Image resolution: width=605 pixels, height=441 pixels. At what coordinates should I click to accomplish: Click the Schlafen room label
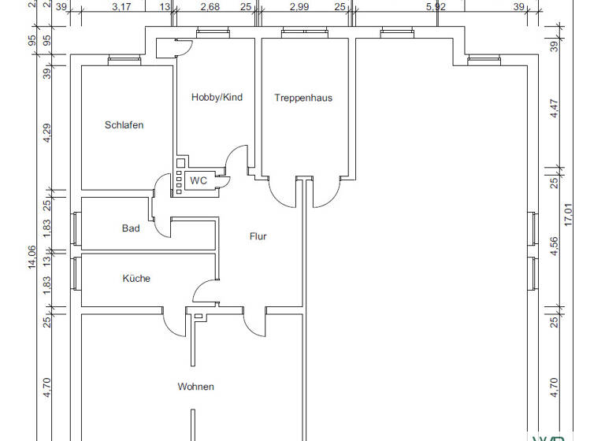click(124, 125)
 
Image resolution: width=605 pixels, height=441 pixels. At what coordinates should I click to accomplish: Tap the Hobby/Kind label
click(217, 98)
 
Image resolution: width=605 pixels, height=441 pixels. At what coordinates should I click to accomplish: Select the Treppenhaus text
click(303, 98)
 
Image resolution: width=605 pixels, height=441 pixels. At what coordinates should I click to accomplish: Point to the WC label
click(199, 181)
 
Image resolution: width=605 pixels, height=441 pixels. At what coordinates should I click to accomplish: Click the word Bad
click(131, 229)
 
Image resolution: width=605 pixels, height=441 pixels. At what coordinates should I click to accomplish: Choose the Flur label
click(258, 236)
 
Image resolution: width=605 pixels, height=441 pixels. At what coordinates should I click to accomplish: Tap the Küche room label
click(135, 279)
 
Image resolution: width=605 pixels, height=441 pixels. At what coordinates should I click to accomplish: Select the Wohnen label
click(195, 387)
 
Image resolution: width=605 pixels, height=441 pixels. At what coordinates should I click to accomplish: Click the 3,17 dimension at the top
click(121, 7)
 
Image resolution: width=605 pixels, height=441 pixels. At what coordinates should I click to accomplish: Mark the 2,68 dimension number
click(210, 7)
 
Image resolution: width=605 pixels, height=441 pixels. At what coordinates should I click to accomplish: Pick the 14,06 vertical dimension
click(32, 257)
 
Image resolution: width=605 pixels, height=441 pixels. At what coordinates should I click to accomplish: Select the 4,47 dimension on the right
click(554, 108)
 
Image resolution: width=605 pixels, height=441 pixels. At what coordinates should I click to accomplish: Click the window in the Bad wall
click(76, 229)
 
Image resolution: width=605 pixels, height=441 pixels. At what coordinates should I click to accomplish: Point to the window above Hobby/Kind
click(210, 33)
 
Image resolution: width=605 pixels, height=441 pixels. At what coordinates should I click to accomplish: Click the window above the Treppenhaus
click(295, 33)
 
